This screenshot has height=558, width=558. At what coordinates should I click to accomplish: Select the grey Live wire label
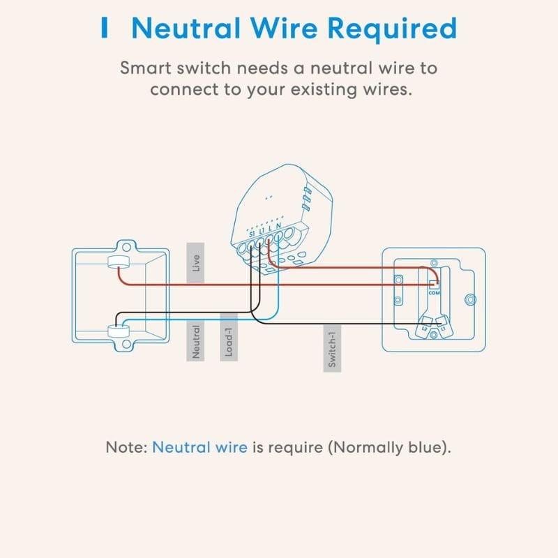pyautogui.click(x=196, y=263)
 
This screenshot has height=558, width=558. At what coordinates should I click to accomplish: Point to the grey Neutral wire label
pyautogui.click(x=196, y=341)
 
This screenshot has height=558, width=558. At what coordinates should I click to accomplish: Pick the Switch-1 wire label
pyautogui.click(x=333, y=348)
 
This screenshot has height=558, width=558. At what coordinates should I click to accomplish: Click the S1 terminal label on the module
pyautogui.click(x=252, y=233)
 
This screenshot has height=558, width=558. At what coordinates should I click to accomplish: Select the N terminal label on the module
pyautogui.click(x=278, y=227)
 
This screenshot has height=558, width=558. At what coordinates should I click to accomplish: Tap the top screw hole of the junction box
pyautogui.click(x=127, y=246)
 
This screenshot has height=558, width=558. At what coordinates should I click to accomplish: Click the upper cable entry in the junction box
pyautogui.click(x=116, y=263)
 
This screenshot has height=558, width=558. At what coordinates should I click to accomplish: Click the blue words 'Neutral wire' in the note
pyautogui.click(x=199, y=447)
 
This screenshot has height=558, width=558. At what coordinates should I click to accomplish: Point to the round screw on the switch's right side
pyautogui.click(x=469, y=300)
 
